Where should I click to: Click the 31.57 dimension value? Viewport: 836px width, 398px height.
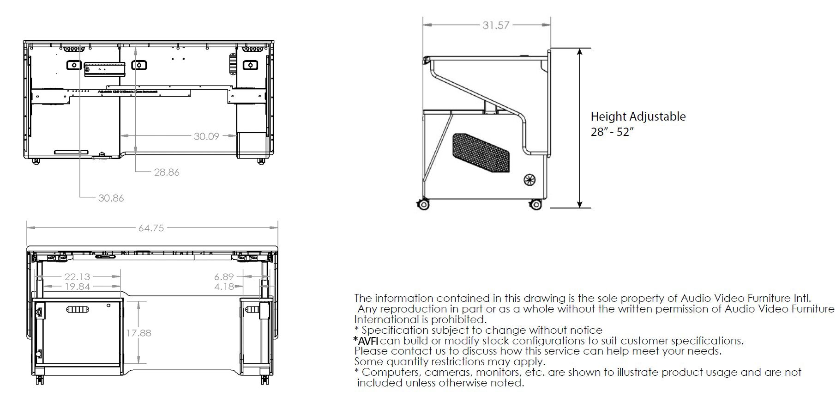point(496,25)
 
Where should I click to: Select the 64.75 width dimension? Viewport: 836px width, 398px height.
point(151,228)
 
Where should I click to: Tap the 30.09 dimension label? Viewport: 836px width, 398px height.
point(206,136)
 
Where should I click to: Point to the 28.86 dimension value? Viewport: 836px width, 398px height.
point(167,172)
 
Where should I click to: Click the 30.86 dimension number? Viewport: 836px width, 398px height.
point(111,198)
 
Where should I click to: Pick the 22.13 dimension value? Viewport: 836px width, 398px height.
point(77,277)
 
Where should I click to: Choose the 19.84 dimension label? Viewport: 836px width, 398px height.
point(77,287)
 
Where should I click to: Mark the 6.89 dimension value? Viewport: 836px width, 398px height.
point(224,277)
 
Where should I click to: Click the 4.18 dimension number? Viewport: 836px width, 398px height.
point(224,287)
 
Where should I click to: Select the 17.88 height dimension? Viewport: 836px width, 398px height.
point(139,333)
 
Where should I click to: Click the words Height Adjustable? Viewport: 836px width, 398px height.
point(638,116)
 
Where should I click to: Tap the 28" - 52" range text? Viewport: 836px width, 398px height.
point(612,132)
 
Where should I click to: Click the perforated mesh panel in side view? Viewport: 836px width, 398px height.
point(481,153)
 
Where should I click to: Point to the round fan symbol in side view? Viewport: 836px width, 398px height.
point(529,179)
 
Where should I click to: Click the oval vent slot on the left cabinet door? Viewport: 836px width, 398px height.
point(77,309)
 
